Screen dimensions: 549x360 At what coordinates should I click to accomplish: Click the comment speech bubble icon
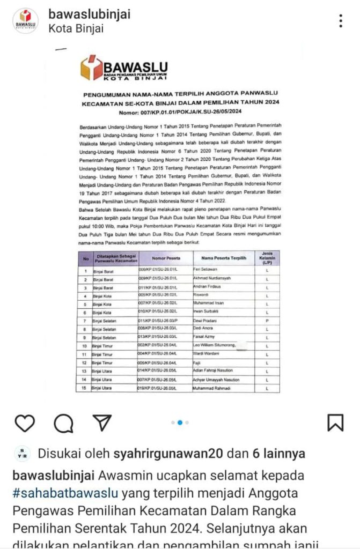pos(63,423)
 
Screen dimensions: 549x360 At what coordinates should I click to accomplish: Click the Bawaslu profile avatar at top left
pos(25,21)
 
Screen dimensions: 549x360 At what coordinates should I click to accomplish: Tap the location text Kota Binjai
pos(76,29)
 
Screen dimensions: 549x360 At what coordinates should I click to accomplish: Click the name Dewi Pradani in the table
pos(205,320)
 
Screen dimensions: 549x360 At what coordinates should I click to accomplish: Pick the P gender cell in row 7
pos(267,320)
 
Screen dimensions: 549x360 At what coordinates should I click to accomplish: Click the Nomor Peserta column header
pos(164,258)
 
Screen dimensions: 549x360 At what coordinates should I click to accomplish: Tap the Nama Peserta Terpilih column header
pos(224,258)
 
